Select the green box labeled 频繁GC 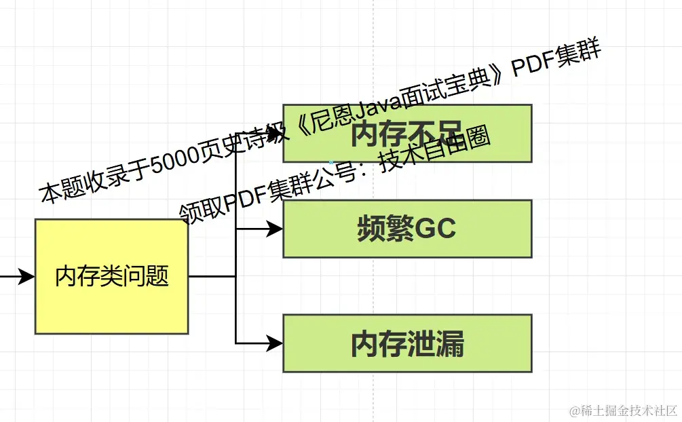point(407,229)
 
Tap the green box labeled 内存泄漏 point(407,343)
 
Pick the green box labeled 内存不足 point(407,134)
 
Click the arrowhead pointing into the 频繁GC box point(275,229)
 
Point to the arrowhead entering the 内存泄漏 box point(275,343)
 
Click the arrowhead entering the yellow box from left point(26,276)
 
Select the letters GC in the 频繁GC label point(435,229)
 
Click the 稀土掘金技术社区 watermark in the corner point(623,410)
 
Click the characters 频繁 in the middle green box point(384,229)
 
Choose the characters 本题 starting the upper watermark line point(60,191)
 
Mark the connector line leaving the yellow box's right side point(211,276)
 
